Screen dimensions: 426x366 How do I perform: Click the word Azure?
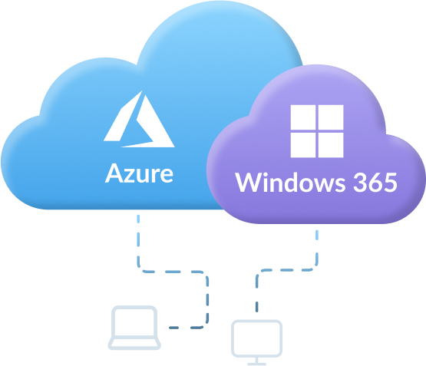click(139, 173)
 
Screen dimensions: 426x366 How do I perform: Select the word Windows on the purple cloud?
click(290, 182)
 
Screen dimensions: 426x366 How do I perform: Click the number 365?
click(375, 182)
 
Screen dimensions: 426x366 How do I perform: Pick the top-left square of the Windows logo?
click(303, 117)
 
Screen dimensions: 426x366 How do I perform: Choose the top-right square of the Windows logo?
click(331, 117)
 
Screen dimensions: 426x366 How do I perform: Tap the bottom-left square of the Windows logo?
click(303, 145)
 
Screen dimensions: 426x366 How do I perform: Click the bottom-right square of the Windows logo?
click(331, 145)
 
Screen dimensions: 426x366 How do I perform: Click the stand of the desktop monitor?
click(256, 361)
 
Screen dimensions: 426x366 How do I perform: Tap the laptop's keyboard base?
click(134, 344)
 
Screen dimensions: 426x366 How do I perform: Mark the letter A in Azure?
click(113, 173)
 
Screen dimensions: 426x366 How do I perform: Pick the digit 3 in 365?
click(359, 182)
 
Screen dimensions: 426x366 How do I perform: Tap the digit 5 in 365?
click(391, 182)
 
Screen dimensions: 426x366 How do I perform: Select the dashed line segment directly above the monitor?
click(256, 306)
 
